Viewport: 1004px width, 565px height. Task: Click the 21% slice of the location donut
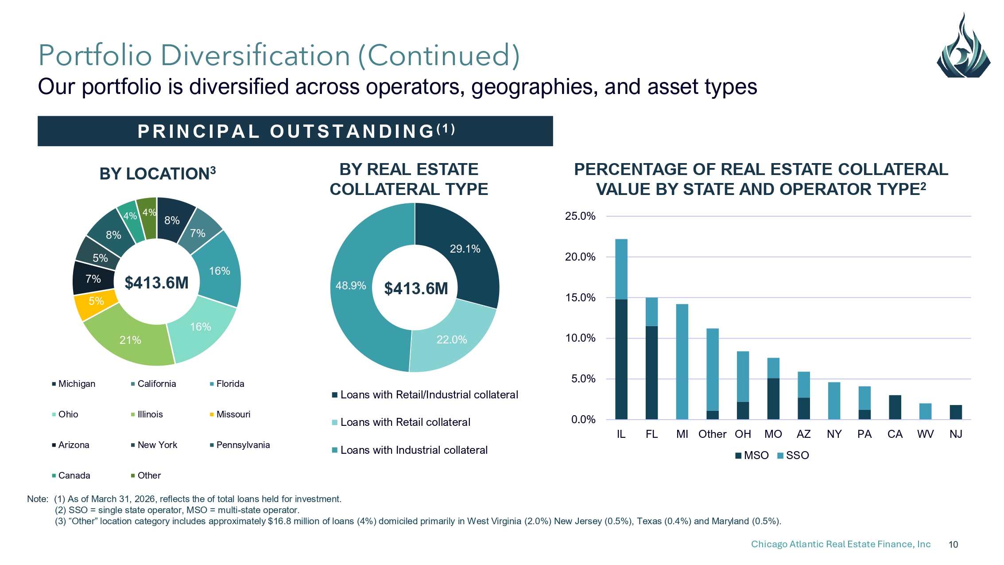pyautogui.click(x=130, y=340)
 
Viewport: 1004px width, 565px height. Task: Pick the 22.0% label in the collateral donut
pyautogui.click(x=452, y=340)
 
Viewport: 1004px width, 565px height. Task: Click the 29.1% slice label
pyautogui.click(x=465, y=249)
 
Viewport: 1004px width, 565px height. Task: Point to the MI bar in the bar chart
pyautogui.click(x=682, y=362)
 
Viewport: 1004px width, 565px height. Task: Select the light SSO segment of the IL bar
pyautogui.click(x=621, y=269)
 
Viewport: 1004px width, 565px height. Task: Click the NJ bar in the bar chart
pyautogui.click(x=956, y=412)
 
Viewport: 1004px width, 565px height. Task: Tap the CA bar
pyautogui.click(x=895, y=407)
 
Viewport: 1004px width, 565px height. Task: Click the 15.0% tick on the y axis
pyautogui.click(x=580, y=298)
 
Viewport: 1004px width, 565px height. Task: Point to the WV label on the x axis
pyautogui.click(x=925, y=434)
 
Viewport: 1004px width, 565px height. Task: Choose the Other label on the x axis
pyautogui.click(x=712, y=434)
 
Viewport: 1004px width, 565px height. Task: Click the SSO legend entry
pyautogui.click(x=793, y=456)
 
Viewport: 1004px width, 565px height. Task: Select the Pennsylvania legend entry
pyautogui.click(x=240, y=445)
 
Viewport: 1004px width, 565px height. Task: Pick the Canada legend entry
pyautogui.click(x=71, y=475)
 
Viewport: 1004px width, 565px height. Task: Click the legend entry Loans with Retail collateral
pyautogui.click(x=401, y=422)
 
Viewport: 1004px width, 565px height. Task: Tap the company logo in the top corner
pyautogui.click(x=963, y=46)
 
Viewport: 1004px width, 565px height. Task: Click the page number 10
pyautogui.click(x=953, y=545)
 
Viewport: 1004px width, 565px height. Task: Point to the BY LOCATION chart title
pyautogui.click(x=158, y=173)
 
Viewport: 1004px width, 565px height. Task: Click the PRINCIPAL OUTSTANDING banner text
pyautogui.click(x=296, y=131)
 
